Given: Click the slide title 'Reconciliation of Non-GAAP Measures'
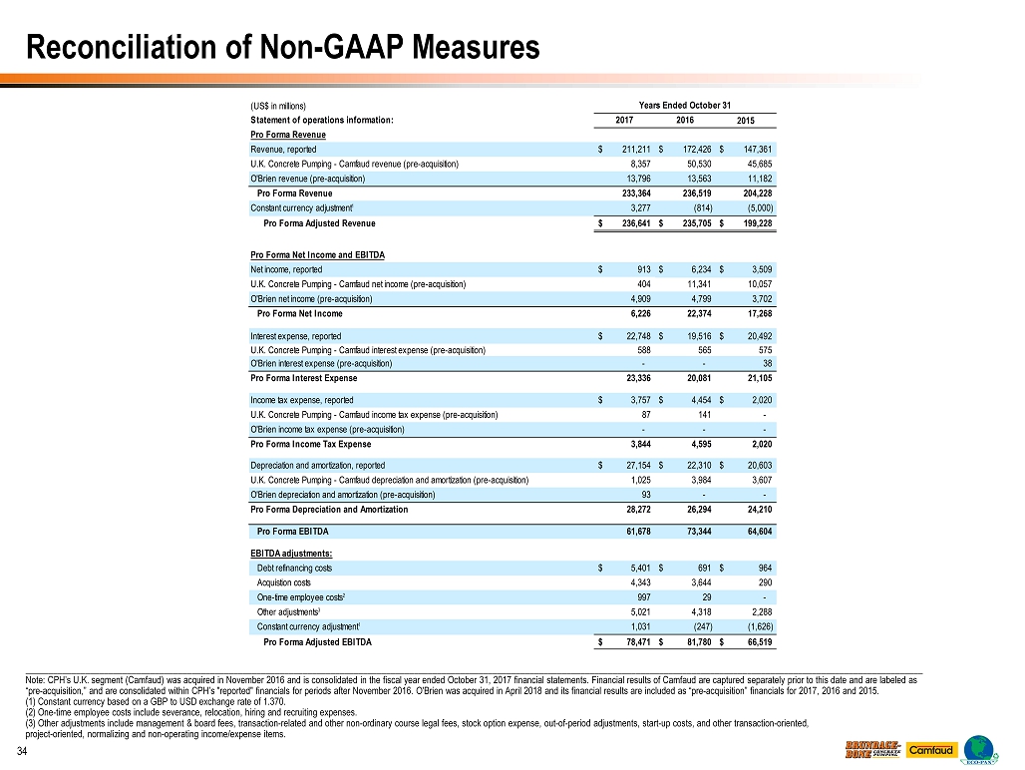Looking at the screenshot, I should tap(283, 46).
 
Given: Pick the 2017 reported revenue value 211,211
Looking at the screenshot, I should tap(635, 150).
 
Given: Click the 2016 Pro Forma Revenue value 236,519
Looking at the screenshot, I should tap(694, 192).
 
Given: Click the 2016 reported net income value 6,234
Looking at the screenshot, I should tap(700, 268).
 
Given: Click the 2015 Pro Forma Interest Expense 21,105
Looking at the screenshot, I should tap(756, 378).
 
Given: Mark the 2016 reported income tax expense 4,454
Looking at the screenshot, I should tap(700, 400).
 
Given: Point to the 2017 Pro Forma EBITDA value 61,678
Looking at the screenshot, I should tap(635, 531).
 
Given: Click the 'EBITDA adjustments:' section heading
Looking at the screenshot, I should tap(290, 554).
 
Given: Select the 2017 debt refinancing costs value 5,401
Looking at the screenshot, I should tap(639, 568).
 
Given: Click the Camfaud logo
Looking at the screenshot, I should tap(931, 749).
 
